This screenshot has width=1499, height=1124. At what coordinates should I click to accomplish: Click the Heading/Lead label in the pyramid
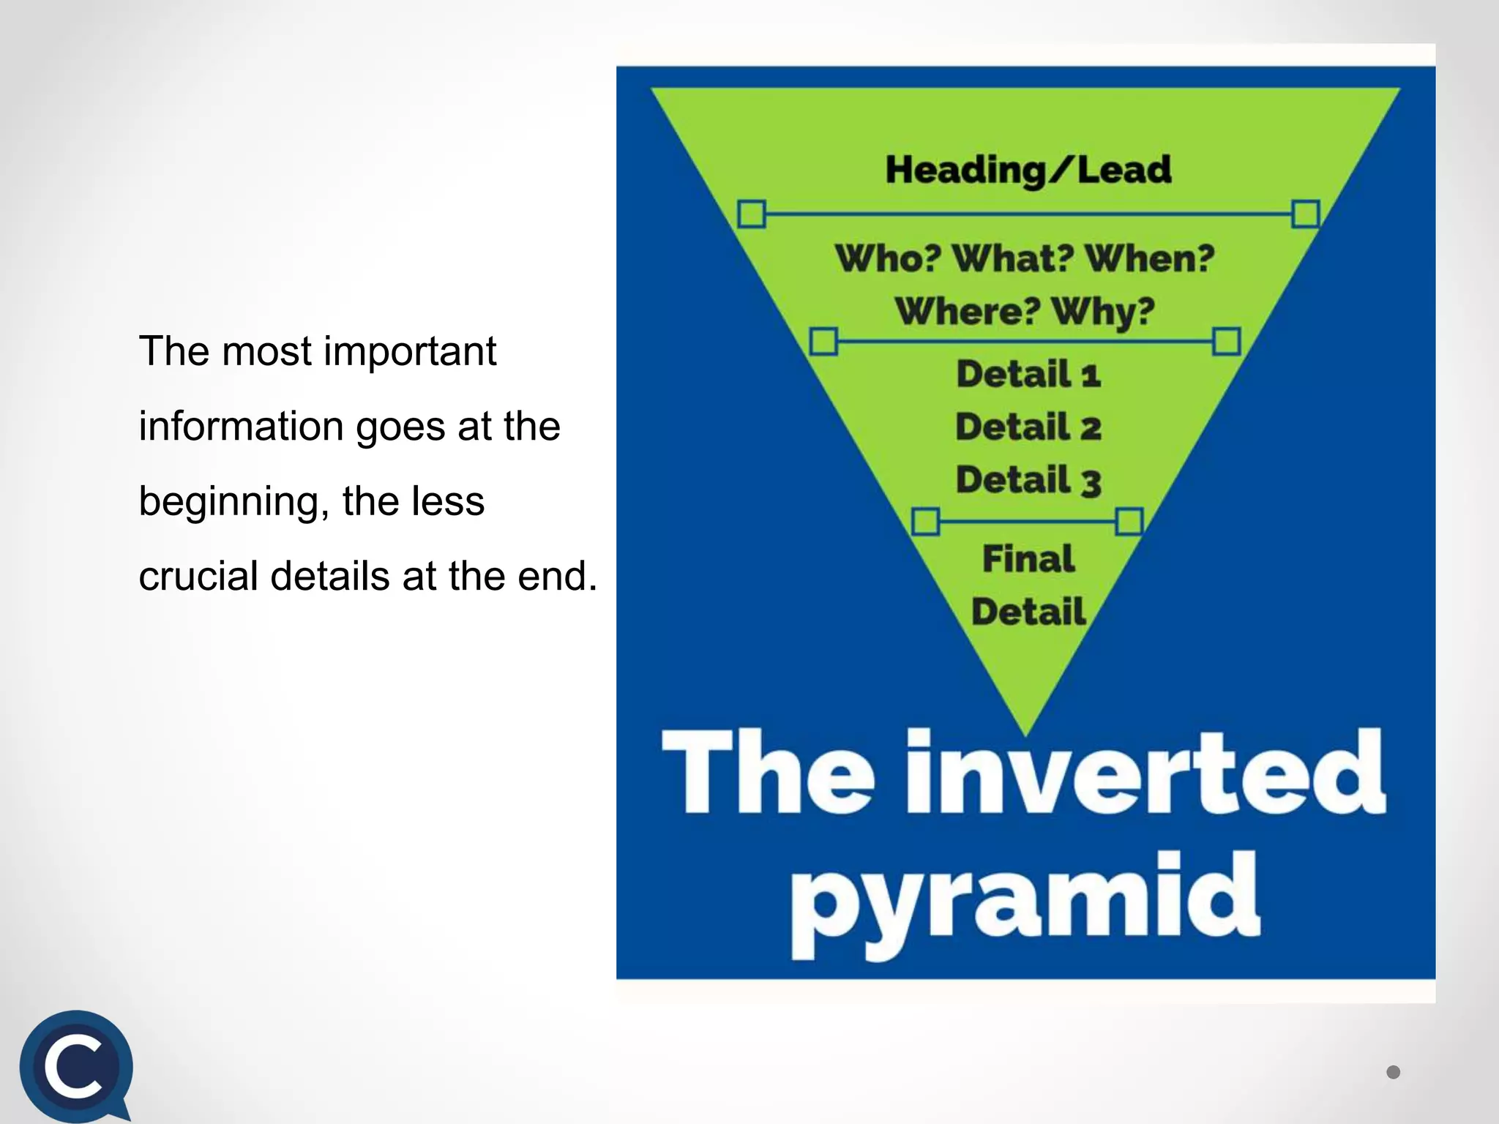[x=1028, y=170]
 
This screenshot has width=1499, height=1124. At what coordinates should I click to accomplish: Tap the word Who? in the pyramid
[x=886, y=258]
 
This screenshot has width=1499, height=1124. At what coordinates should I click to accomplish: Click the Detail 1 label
[x=1028, y=374]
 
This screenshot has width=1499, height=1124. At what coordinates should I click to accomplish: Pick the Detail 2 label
[x=1028, y=427]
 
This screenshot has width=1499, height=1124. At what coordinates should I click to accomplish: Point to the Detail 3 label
[x=1028, y=481]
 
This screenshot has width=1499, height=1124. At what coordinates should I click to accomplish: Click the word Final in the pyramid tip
[x=1028, y=559]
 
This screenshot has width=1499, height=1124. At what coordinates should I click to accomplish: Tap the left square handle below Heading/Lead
[x=752, y=214]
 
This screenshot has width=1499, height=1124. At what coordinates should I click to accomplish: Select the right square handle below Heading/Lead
[x=1305, y=214]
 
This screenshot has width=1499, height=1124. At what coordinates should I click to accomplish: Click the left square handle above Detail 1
[x=823, y=341]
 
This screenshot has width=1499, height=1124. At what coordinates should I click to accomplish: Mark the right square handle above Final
[x=1129, y=522]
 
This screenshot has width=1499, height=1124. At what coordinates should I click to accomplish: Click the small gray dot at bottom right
[x=1393, y=1072]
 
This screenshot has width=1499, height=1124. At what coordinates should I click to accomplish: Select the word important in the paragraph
[x=410, y=351]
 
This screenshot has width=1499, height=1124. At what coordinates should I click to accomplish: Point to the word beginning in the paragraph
[x=229, y=502]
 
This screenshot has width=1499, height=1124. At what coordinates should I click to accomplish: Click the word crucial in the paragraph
[x=198, y=576]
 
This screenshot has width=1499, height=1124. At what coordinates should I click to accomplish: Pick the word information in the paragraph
[x=241, y=427]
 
